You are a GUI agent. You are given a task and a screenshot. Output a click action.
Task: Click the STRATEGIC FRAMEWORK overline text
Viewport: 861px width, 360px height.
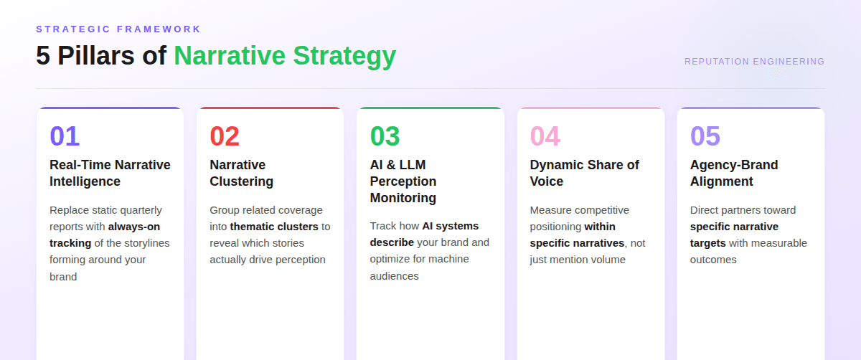118,29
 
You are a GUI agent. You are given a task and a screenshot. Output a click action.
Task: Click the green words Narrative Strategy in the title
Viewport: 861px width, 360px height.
284,56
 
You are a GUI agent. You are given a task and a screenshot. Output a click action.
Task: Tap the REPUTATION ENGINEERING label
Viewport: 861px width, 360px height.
754,62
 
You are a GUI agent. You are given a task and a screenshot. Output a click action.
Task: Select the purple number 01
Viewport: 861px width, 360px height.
65,136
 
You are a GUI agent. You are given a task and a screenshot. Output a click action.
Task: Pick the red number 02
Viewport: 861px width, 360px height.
225,136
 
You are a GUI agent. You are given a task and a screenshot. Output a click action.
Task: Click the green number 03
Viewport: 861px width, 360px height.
385,136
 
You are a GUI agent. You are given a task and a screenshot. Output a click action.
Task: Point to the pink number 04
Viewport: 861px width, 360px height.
545,136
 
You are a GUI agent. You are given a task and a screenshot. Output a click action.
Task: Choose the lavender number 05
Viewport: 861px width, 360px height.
705,136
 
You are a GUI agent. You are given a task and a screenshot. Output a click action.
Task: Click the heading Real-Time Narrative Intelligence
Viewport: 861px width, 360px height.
110,173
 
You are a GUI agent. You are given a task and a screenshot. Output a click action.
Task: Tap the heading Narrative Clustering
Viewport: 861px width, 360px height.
241,173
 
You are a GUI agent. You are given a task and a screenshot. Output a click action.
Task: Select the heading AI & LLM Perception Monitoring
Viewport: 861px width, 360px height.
403,181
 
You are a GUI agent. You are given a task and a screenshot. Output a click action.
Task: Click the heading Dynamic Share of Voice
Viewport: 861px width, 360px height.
584,173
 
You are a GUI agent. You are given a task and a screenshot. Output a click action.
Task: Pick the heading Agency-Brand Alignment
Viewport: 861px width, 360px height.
733,173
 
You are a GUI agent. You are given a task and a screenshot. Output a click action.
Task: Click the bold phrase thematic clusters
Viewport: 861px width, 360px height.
274,227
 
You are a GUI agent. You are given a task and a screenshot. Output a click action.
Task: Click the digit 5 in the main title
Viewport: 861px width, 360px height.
43,56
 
